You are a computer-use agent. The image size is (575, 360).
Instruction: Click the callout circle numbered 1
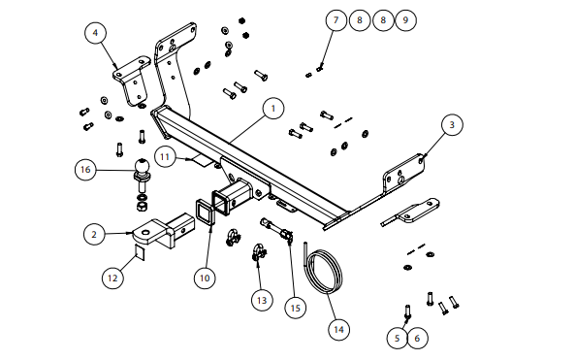(273, 109)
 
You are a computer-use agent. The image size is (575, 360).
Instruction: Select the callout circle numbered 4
(95, 33)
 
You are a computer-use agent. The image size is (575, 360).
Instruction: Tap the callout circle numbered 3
(452, 125)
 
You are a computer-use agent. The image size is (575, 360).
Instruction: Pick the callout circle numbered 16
(85, 170)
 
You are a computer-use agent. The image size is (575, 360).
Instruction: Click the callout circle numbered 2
(94, 234)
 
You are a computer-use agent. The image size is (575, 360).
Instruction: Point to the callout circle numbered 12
(112, 278)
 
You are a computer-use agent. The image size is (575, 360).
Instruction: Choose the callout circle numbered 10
(205, 278)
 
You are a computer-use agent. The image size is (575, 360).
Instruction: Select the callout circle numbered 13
(262, 300)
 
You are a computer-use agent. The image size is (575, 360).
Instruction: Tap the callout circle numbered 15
(296, 308)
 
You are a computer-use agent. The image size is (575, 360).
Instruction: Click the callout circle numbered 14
(338, 329)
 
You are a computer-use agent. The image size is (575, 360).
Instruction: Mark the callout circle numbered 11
(165, 157)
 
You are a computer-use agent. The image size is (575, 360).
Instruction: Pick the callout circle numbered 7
(336, 19)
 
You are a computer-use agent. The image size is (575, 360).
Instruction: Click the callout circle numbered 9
(405, 19)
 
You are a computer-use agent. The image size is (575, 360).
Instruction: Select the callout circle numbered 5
(398, 338)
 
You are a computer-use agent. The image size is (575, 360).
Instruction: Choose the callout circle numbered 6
(417, 338)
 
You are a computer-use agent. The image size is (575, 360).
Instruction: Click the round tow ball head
(143, 166)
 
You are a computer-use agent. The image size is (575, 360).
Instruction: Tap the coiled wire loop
(325, 272)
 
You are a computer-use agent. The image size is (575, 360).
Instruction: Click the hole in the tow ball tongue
(145, 233)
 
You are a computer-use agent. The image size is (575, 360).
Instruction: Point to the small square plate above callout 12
(140, 252)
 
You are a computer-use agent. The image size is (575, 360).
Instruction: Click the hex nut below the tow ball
(142, 207)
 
